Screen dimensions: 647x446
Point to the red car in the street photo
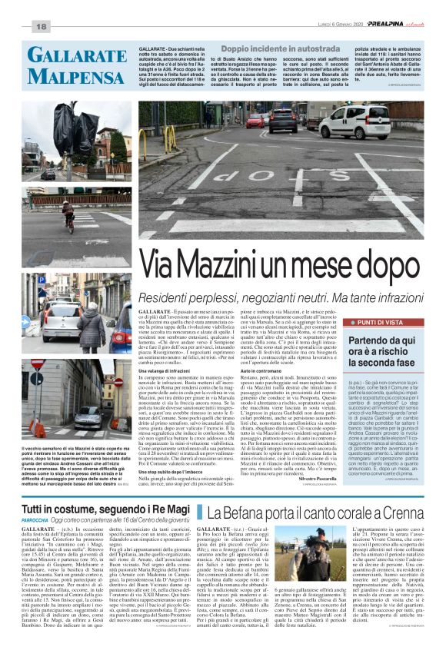255,121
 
